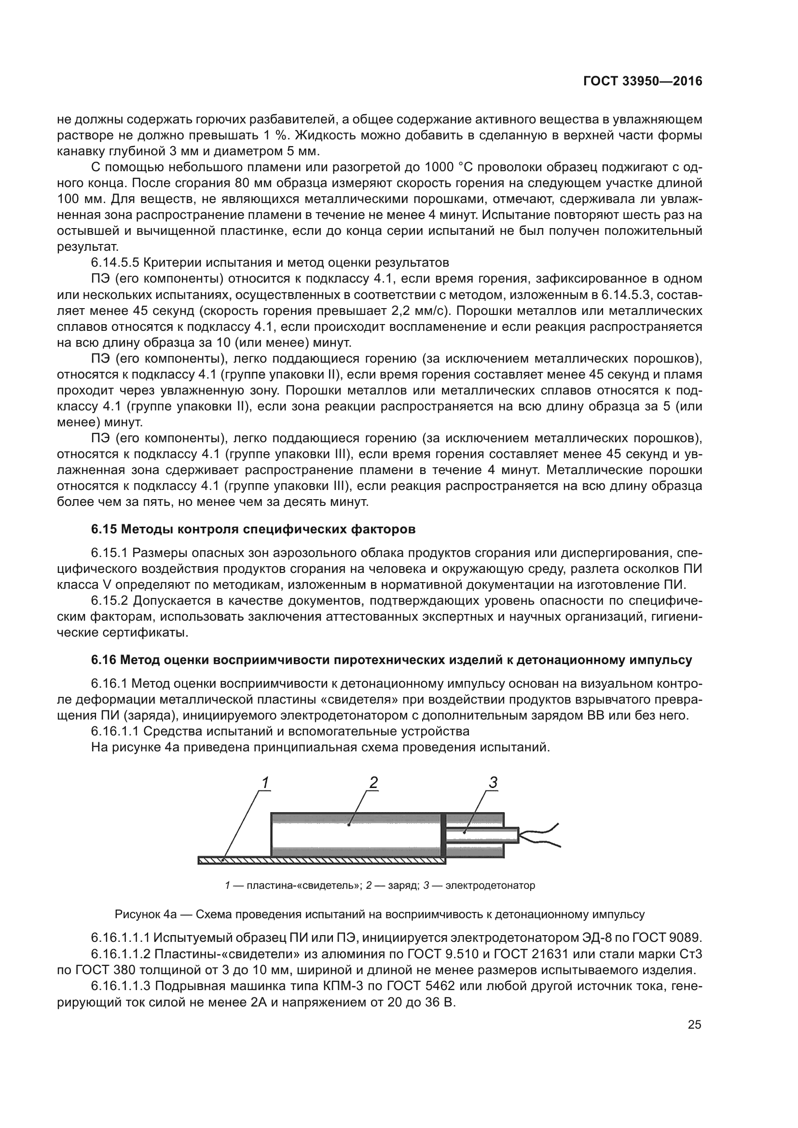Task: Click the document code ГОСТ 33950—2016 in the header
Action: pos(642,82)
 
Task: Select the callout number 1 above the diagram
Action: pos(265,783)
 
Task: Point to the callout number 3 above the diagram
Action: pos(494,783)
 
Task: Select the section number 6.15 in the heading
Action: pos(104,529)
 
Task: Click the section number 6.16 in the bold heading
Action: pos(104,660)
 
